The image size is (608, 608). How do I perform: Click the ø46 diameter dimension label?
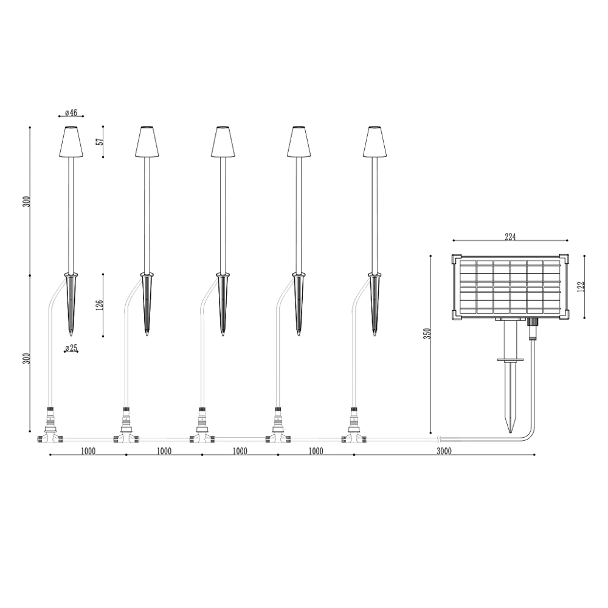71,112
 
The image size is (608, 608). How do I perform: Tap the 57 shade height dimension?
100,142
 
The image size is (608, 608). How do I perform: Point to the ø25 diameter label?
71,348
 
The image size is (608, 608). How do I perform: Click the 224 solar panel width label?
510,237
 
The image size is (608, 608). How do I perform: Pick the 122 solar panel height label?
581,286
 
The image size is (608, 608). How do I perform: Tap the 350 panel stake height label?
427,334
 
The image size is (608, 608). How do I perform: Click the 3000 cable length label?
444,451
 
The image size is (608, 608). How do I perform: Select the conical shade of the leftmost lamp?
71,142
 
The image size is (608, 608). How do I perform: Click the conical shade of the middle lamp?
223,142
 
